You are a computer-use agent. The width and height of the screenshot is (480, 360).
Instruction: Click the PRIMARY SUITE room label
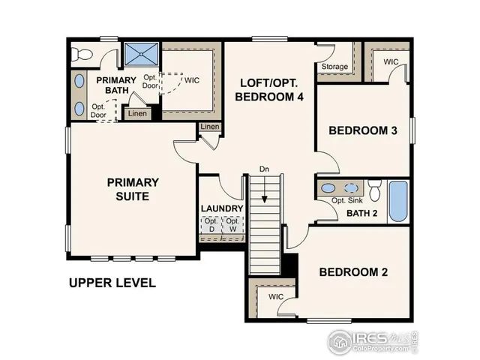point(133,189)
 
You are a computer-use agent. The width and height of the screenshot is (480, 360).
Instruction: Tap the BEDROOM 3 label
point(363,130)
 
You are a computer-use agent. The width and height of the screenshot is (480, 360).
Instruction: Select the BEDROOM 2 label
point(353,271)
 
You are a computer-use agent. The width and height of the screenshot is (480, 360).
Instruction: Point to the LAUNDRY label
point(222,208)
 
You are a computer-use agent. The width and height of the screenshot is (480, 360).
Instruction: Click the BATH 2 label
point(361,214)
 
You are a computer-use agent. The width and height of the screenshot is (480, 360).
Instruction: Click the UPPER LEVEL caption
point(112,283)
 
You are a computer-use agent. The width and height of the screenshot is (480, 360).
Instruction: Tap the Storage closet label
point(334,67)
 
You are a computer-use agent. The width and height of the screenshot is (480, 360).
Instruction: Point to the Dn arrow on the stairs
point(264,188)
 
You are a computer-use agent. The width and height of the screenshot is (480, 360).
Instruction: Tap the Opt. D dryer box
point(211,224)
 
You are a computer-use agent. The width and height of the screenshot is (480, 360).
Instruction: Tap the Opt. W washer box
point(233,224)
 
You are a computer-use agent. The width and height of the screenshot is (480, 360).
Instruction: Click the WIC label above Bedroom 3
point(391,61)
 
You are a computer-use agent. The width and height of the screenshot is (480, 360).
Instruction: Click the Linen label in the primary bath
point(136,114)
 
